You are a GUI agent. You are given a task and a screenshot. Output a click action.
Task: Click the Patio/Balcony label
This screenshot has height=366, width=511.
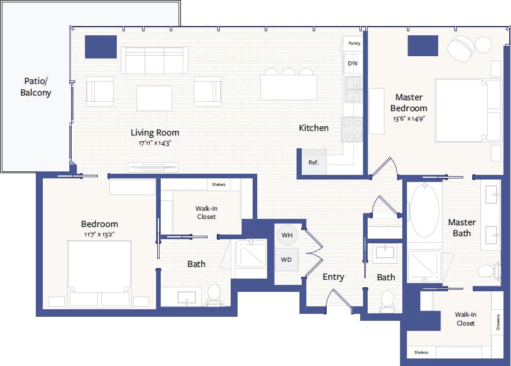36,87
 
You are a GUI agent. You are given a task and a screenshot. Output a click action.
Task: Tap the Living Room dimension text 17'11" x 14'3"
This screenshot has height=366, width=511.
154,142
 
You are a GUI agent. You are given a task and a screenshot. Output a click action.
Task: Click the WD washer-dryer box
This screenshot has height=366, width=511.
287,259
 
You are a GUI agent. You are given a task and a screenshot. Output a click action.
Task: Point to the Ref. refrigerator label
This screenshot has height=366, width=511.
313,163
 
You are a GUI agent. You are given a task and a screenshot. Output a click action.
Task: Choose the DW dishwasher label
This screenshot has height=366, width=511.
353,63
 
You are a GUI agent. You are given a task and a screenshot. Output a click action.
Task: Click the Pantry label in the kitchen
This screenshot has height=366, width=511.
354,43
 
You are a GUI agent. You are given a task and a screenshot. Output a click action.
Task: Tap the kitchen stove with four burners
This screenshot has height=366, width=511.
351,129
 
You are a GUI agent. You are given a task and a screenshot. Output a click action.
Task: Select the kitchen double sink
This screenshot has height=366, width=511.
353,89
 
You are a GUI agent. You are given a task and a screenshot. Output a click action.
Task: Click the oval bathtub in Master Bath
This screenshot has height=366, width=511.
425,211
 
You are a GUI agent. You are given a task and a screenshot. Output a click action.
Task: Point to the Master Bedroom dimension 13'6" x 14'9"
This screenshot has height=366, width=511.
409,119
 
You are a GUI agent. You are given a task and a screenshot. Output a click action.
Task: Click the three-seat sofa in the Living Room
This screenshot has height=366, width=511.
154,60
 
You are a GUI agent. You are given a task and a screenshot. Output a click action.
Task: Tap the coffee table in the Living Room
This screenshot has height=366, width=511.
154,98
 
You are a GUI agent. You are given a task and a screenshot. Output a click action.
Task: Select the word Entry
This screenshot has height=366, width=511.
333,277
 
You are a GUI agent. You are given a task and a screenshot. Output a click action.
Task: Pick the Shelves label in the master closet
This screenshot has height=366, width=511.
421,352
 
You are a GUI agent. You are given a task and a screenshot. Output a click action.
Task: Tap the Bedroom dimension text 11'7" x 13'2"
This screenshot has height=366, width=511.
99,235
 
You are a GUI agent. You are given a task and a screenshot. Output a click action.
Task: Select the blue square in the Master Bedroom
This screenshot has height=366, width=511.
423,46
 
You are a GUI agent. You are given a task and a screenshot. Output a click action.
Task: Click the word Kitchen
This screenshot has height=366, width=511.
313,128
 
